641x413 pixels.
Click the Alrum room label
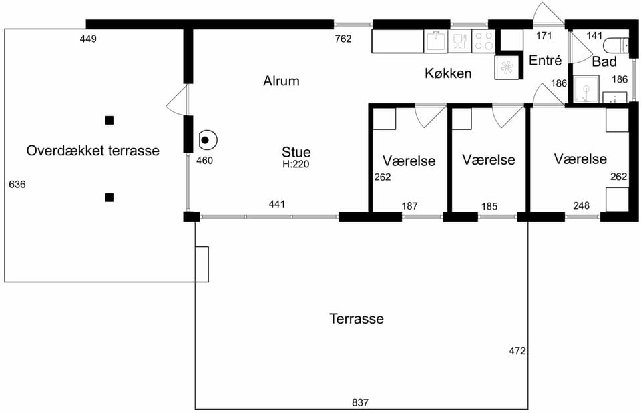pos(281,81)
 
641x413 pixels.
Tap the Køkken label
pos(448,73)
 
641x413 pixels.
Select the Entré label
pos(546,61)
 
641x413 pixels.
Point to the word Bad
pos(604,61)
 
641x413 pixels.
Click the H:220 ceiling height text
pos(296,164)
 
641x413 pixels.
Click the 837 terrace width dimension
pos(360,403)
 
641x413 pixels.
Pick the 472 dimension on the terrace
pos(517,351)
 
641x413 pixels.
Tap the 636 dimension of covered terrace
pos(17,185)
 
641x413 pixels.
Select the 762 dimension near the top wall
pos(343,39)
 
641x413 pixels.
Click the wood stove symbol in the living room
pos(207,140)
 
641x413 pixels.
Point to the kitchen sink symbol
pos(436,41)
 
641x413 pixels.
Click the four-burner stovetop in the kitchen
pos(483,41)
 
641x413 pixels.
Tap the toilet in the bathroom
pos(616,45)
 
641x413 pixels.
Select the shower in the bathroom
pos(586,89)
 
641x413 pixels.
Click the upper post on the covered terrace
pos(109,121)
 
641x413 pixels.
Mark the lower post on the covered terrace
pos(109,197)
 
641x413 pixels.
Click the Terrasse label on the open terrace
pos(357,319)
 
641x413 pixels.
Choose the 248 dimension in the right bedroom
pos(581,205)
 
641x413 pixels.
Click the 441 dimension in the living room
pos(276,204)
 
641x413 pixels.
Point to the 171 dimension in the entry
pos(544,36)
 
